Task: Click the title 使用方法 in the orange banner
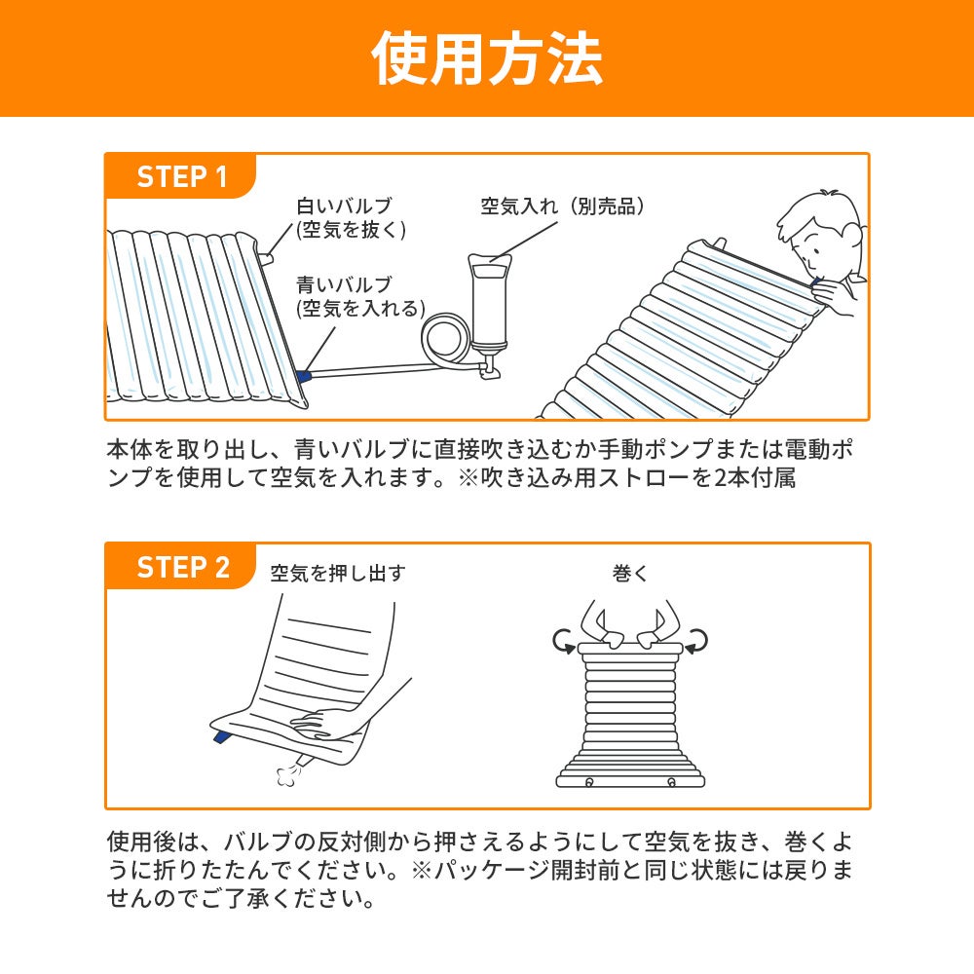(x=487, y=58)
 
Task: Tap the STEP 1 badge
(x=182, y=177)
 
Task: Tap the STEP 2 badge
(x=183, y=567)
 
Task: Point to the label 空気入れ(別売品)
(x=564, y=206)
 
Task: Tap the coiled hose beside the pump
(x=445, y=340)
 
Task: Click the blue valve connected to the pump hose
(x=305, y=376)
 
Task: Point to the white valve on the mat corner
(x=267, y=257)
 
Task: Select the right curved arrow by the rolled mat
(x=696, y=640)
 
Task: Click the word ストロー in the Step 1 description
(x=618, y=480)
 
